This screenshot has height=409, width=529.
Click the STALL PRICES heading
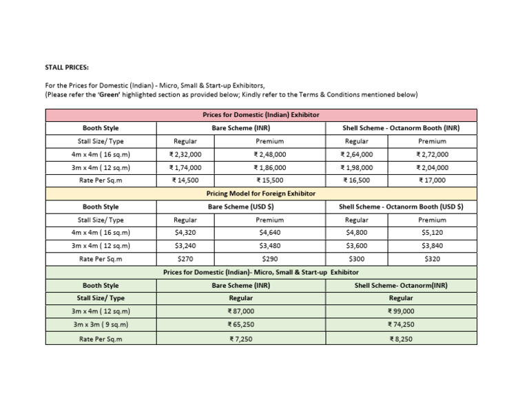coord(66,67)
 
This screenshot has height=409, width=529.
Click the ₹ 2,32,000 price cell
coord(185,154)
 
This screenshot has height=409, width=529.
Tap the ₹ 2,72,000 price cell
coord(432,154)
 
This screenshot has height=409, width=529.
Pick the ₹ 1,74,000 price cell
coord(185,167)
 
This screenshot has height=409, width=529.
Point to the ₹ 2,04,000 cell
coord(432,167)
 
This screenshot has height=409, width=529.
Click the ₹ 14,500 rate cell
coord(185,180)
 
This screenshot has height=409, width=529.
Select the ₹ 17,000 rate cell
coord(432,180)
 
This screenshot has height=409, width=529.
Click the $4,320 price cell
coord(185,233)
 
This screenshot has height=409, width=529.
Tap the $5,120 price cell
coord(432,233)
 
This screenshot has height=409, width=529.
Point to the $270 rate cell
coord(185,259)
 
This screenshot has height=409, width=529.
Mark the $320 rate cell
coord(432,259)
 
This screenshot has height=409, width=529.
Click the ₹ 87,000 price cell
coord(240,311)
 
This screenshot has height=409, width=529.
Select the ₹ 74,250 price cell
coord(401,324)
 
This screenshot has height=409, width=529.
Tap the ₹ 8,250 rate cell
coord(401,339)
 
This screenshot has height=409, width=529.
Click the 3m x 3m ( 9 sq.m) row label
coord(101,324)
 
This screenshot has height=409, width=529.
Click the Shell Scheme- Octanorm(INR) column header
coord(401,285)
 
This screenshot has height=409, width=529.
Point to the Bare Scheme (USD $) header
coord(240,207)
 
